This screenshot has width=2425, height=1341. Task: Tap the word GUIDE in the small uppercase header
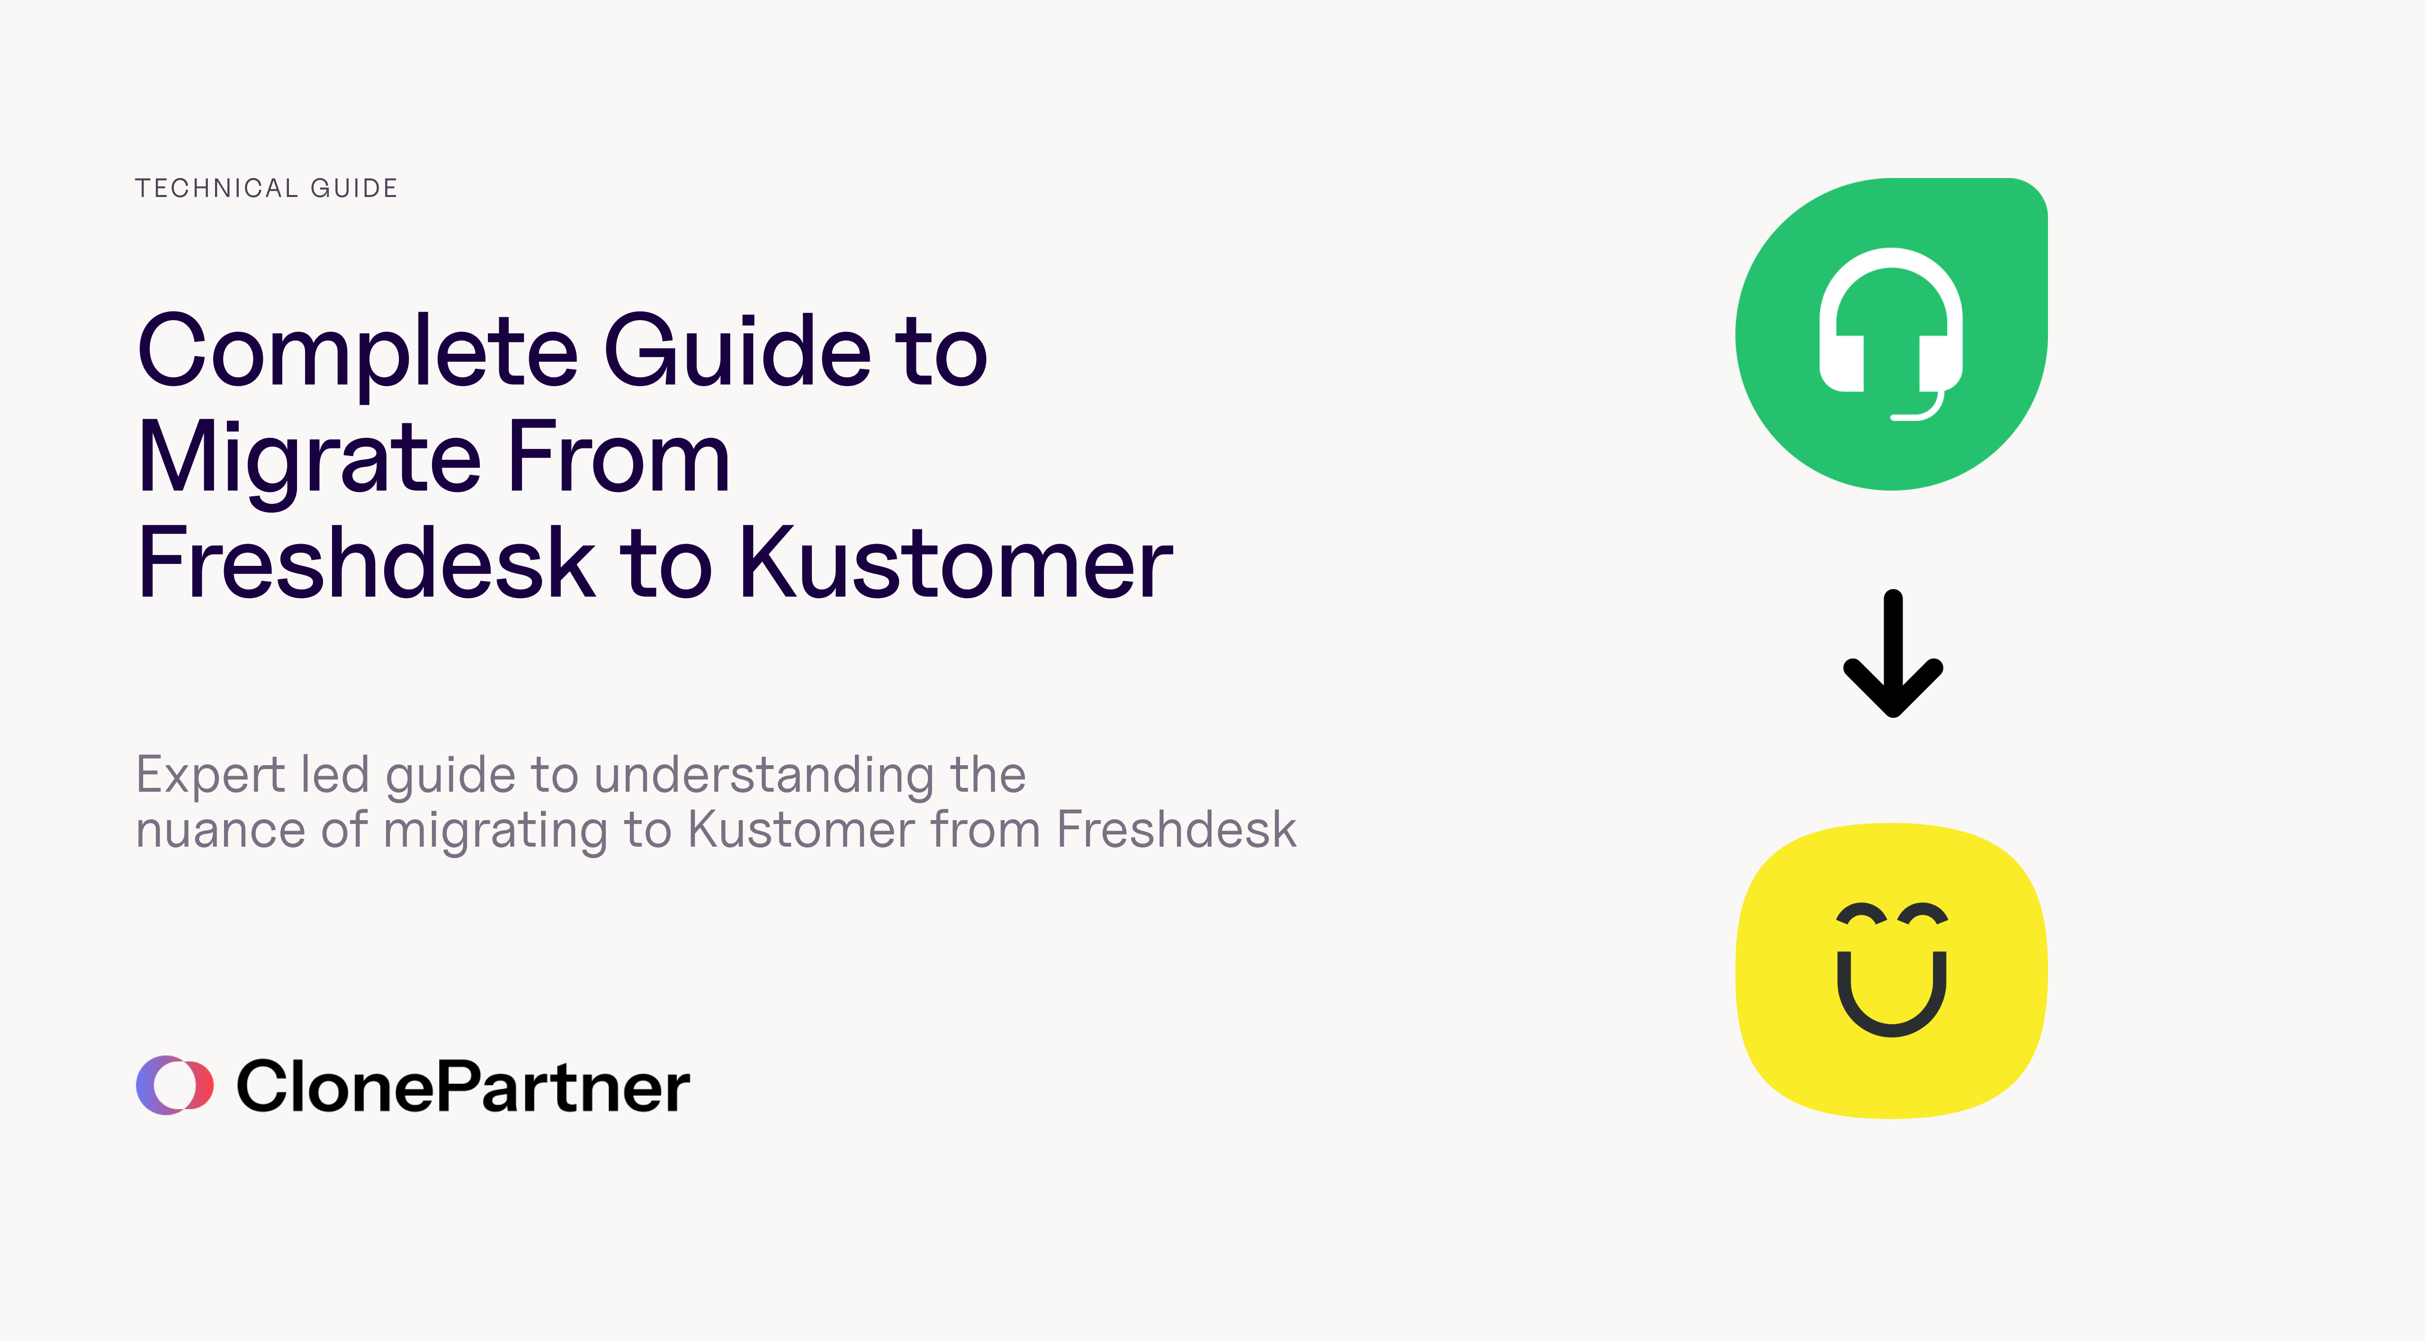pos(354,188)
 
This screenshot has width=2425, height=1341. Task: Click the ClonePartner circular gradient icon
pos(175,1085)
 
